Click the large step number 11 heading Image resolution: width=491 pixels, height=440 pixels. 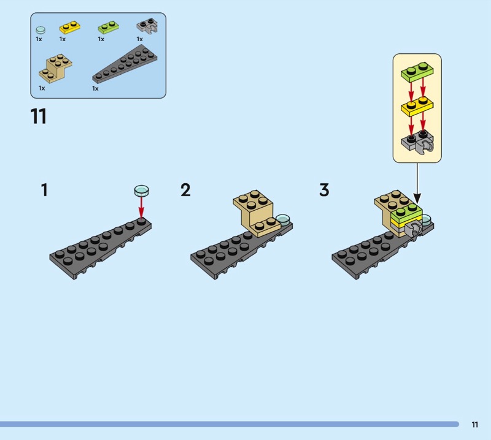(x=39, y=116)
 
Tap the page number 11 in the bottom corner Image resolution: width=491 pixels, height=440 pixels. (x=474, y=424)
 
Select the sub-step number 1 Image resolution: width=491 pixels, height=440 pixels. (x=44, y=190)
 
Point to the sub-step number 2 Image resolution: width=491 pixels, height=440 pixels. (x=185, y=190)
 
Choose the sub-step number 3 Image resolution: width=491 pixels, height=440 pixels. (x=324, y=190)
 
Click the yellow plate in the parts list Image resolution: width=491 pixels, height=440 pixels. (x=70, y=27)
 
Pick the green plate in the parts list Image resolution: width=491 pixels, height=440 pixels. (x=109, y=27)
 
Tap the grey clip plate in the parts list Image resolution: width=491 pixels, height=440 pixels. (x=147, y=26)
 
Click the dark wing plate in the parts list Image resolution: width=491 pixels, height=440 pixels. (x=125, y=64)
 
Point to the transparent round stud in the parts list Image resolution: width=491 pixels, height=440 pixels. (x=41, y=30)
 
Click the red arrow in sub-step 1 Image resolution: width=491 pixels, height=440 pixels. (x=142, y=207)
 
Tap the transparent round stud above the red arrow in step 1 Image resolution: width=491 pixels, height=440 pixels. (x=142, y=191)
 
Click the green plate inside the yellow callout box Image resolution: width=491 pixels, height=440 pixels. (x=417, y=72)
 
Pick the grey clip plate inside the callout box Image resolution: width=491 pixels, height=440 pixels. (x=417, y=142)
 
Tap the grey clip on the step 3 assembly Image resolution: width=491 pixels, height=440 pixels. (x=414, y=230)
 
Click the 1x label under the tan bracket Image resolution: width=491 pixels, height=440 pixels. (x=42, y=88)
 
